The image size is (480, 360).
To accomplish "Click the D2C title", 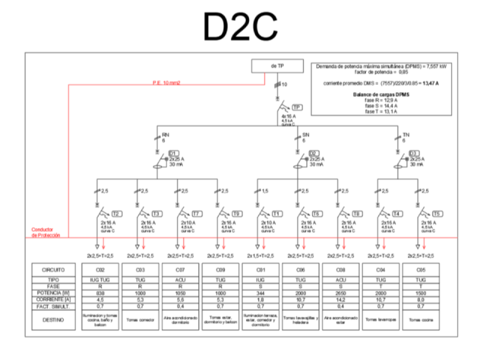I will tap(240, 26).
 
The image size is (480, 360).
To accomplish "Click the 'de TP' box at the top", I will tap(277, 66).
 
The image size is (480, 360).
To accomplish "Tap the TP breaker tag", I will tap(297, 108).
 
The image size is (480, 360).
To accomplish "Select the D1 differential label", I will tap(173, 153).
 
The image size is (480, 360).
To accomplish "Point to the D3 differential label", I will tap(413, 153).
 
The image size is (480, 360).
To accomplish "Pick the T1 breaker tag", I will tap(277, 214).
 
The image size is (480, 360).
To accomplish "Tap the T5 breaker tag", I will tap(437, 214).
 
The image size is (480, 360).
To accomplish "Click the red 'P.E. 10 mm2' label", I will tap(166, 82).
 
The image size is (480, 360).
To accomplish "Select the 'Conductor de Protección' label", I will tap(45, 232).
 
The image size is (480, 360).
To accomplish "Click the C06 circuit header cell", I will tap(300, 270).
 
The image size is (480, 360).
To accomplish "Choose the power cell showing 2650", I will tap(340, 293).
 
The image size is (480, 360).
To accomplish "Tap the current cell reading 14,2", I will tap(340, 300).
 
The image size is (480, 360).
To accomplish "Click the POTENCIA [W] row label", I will tap(53, 293).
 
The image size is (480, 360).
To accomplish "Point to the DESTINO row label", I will tap(53, 320).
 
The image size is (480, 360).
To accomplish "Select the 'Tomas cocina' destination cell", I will tap(421, 320).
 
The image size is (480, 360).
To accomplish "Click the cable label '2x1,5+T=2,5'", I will tap(260, 256).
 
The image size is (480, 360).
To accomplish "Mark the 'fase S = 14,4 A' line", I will tap(381, 106).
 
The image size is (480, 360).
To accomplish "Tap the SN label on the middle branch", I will tap(306, 135).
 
